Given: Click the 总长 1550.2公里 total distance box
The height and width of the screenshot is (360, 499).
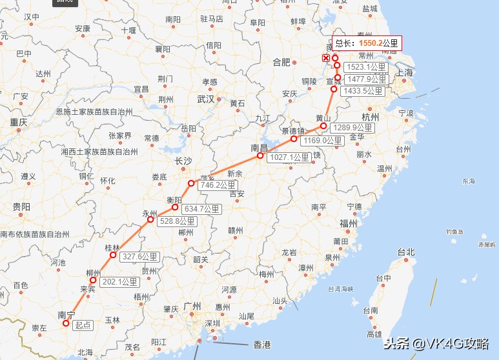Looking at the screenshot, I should point(367,43).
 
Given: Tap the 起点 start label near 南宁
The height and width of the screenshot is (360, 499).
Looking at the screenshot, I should point(82,325).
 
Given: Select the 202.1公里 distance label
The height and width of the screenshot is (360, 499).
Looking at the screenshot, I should point(120,282).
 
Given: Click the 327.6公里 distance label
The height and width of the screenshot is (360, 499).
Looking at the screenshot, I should point(139,256).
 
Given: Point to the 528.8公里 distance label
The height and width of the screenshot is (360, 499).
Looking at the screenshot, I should point(178,221).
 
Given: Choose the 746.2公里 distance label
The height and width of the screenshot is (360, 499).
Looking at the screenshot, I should point(218,185).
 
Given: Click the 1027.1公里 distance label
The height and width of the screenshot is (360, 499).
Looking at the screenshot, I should point(289,157).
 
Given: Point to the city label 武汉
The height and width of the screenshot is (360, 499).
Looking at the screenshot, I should point(205,99).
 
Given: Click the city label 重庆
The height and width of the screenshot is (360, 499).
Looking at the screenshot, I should point(18,122).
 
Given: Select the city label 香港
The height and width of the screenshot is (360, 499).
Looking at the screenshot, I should point(261,343).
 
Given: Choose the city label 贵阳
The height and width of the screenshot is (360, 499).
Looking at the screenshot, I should point(21,206).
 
